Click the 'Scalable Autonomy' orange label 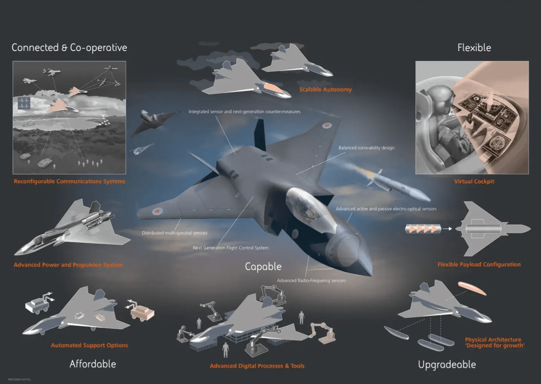tap(325, 89)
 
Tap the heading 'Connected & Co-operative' tap(69, 48)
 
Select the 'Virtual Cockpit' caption tap(474, 181)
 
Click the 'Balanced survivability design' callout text tap(366, 148)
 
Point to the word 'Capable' tap(263, 266)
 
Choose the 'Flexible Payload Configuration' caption tap(479, 264)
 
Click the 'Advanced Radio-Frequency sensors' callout tap(311, 281)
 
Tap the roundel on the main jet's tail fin tap(327, 125)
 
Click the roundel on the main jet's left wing tap(157, 211)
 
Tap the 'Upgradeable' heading tap(447, 364)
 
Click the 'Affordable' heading tap(92, 364)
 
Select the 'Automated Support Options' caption tap(89, 345)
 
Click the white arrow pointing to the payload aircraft tap(447, 229)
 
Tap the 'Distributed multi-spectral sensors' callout tap(175, 233)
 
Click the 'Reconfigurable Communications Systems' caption tap(69, 181)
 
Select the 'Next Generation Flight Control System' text tap(231, 248)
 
